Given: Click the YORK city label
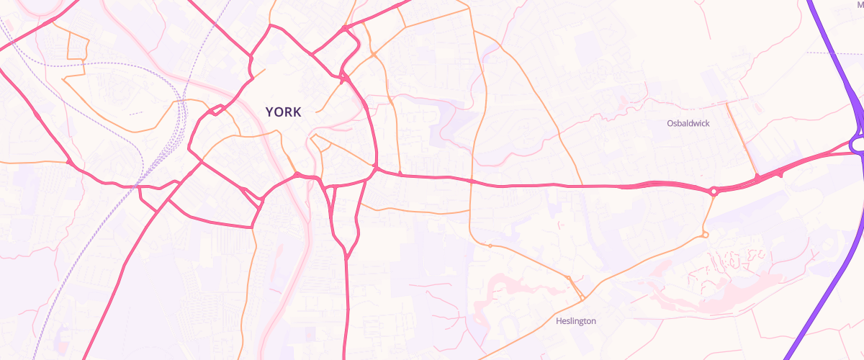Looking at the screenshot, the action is [283, 112].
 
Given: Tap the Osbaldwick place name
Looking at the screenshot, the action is [688, 124].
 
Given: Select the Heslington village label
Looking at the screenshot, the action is [576, 321].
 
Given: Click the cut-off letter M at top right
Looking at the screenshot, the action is [860, 4].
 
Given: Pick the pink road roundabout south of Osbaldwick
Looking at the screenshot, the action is [714, 191].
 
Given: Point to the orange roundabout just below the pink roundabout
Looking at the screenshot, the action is [705, 235].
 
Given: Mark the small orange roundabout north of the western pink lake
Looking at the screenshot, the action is [490, 246].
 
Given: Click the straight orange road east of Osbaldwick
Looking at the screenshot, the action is [742, 140].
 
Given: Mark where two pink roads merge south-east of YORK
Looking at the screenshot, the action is [346, 256].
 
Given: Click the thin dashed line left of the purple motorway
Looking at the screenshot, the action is [828, 53].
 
